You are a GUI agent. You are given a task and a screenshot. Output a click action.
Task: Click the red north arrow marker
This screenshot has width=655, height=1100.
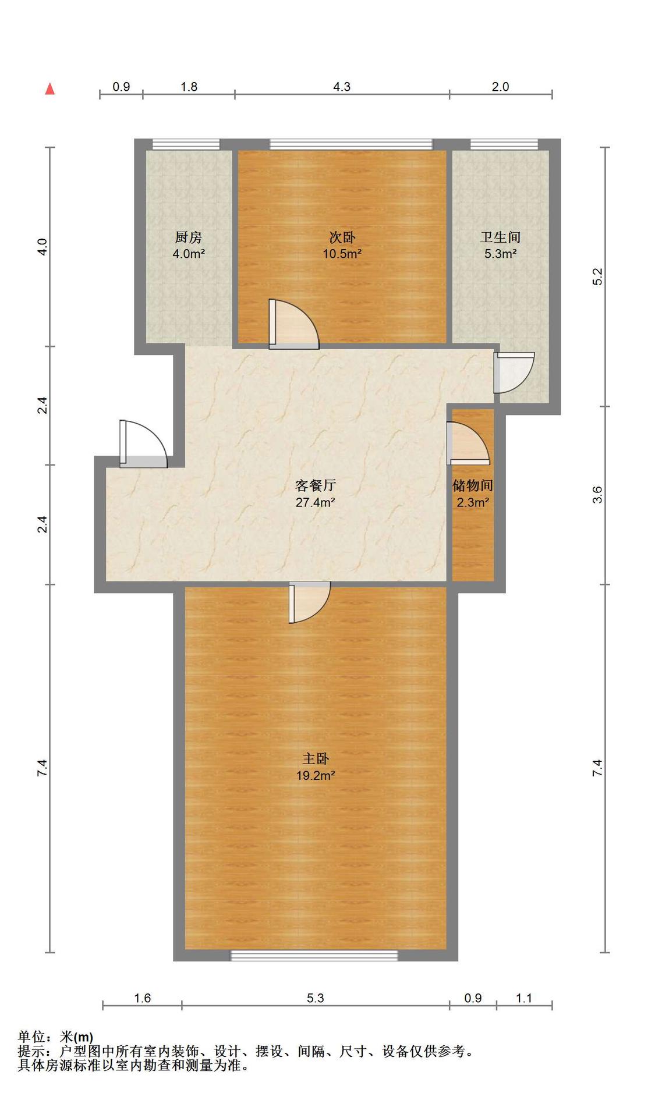coord(50,89)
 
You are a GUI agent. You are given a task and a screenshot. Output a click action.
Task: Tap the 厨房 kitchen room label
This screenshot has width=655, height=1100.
coord(188,237)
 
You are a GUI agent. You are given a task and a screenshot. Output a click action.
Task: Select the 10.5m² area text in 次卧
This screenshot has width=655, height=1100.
coord(342,254)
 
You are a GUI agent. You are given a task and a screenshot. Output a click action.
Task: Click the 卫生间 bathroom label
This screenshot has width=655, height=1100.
coord(500,237)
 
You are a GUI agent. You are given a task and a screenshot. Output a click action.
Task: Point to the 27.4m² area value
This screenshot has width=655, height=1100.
coord(315,502)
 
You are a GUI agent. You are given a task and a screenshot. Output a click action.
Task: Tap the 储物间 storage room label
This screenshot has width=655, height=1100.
coord(473,485)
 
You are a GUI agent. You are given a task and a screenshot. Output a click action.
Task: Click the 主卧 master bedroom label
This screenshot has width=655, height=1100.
coord(316,759)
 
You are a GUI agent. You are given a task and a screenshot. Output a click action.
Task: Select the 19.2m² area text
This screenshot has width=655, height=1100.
coord(315,776)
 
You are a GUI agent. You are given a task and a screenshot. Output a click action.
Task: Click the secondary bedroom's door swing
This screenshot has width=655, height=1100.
coord(293,325)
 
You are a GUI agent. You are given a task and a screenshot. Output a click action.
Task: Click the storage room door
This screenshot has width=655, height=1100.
coord(468,443)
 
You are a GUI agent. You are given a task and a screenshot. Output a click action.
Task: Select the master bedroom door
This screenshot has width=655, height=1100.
coord(310,602)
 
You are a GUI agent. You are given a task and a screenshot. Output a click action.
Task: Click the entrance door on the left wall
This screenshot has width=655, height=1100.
coord(143,445)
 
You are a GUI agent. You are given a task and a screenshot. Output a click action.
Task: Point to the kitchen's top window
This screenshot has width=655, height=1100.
coord(186,144)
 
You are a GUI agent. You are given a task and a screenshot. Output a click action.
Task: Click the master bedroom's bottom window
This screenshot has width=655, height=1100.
coord(314,955)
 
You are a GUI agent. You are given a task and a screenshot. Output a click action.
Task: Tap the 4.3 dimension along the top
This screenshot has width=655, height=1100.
coord(342,87)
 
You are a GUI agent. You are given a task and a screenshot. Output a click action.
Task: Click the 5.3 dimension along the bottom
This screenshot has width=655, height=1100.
coord(315,998)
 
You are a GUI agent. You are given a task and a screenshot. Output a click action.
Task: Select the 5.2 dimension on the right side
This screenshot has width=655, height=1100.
coord(597,276)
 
